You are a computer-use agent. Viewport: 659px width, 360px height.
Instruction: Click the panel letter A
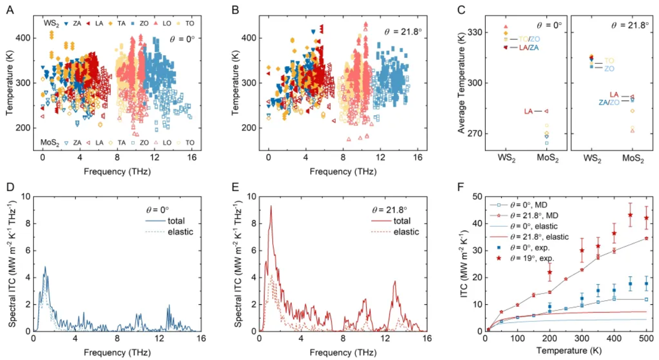pos(10,10)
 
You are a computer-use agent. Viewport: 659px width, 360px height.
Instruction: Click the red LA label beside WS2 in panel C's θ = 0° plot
pos(529,111)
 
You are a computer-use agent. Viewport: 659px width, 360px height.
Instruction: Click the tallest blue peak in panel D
pos(45,267)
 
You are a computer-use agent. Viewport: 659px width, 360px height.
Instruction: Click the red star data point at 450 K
pos(630,215)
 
